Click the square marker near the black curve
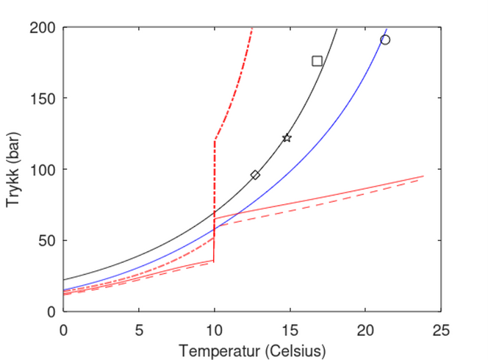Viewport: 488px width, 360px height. pos(317,61)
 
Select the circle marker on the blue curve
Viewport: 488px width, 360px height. pos(385,40)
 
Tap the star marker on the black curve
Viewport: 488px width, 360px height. pos(287,138)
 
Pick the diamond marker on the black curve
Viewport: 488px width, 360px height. pos(255,175)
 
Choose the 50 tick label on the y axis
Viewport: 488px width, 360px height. pos(49,240)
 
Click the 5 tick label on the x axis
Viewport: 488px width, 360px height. pos(139,325)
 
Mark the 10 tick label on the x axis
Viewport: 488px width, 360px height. pos(214,325)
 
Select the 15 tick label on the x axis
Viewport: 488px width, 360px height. pos(290,325)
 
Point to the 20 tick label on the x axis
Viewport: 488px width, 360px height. pos(365,325)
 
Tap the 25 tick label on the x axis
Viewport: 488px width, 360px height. pos(440,325)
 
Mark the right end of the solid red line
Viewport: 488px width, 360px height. pos(423,176)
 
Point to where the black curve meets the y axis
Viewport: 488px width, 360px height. pos(64,280)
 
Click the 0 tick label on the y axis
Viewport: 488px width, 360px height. pos(51,312)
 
